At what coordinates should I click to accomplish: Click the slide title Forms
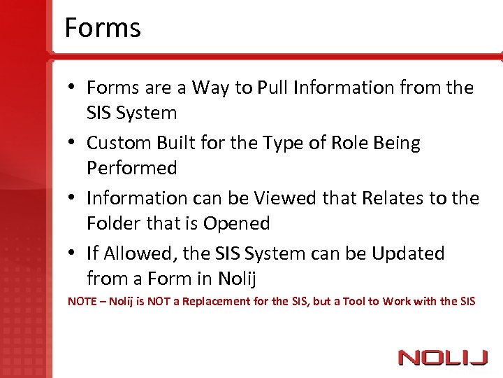pyautogui.click(x=102, y=28)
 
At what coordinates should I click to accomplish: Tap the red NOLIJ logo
pyautogui.click(x=442, y=358)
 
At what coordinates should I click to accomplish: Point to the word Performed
pyautogui.click(x=131, y=169)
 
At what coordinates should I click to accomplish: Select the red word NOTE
pyautogui.click(x=82, y=302)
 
